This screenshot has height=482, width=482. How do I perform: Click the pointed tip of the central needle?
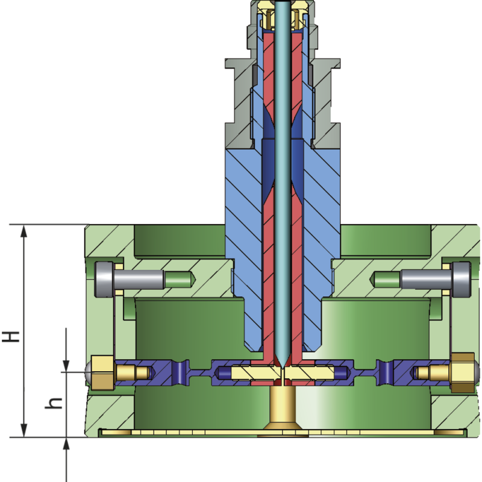(281, 364)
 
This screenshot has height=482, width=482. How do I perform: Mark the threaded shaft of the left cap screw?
(139, 279)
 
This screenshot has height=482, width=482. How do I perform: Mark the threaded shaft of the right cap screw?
(425, 279)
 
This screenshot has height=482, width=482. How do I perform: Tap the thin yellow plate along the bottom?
(181, 433)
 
